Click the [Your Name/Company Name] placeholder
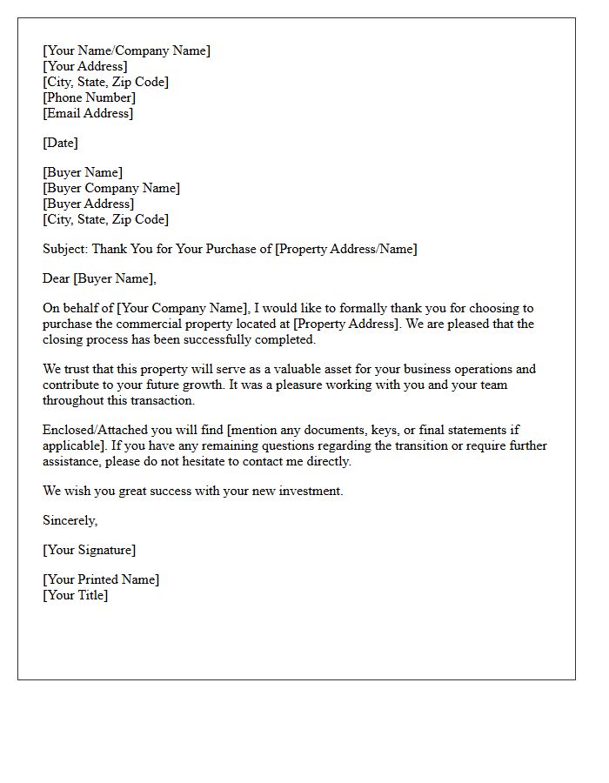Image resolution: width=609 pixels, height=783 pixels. tap(126, 50)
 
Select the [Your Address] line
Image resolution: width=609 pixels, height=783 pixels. tap(84, 66)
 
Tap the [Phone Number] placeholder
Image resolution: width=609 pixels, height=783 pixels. tap(89, 97)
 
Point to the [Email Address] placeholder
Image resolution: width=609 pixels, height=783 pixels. tap(88, 113)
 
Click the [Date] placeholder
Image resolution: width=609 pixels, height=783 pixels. tap(60, 143)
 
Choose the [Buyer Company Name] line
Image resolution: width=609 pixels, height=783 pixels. tap(111, 188)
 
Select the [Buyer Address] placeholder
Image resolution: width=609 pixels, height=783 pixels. tap(88, 204)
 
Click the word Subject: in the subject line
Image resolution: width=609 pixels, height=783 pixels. tap(65, 249)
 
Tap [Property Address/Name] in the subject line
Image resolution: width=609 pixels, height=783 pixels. tap(345, 249)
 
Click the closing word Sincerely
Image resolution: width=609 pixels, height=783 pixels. tap(69, 520)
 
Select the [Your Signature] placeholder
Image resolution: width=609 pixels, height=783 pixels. tap(89, 550)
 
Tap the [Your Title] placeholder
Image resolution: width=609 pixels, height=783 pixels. tap(76, 595)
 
